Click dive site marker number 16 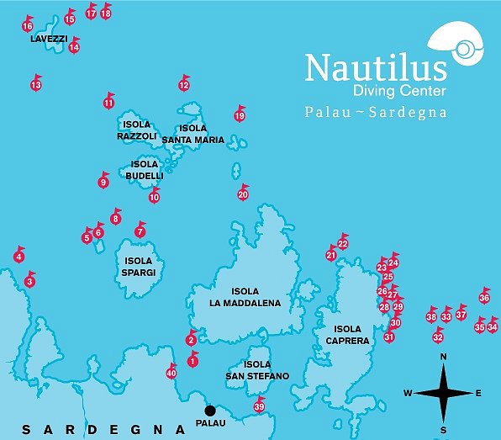coord(28,27)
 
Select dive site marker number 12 coord(184,85)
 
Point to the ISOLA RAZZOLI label coord(136,130)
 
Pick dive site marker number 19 coord(240,116)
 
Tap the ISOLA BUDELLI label coord(144,170)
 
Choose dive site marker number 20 coord(243,194)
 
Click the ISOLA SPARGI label coord(137,267)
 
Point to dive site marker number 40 coord(171,374)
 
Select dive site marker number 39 coord(259,407)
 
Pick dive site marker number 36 coord(484,298)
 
